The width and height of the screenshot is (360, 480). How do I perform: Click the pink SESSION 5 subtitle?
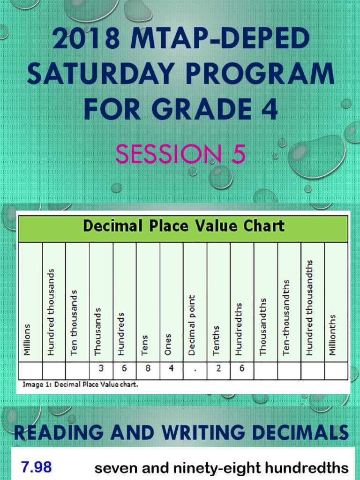[180, 154]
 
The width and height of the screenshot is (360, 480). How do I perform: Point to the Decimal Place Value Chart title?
[183, 226]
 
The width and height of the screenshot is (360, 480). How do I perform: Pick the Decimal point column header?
[192, 325]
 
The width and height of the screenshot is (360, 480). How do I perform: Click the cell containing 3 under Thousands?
[101, 369]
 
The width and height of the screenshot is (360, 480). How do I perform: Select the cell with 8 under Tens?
[148, 369]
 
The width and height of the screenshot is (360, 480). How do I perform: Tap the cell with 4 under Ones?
[171, 369]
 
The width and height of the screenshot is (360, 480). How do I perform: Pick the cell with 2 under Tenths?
[218, 369]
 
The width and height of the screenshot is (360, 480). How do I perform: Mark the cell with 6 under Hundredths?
[242, 369]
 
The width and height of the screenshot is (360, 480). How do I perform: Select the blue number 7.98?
[36, 467]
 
